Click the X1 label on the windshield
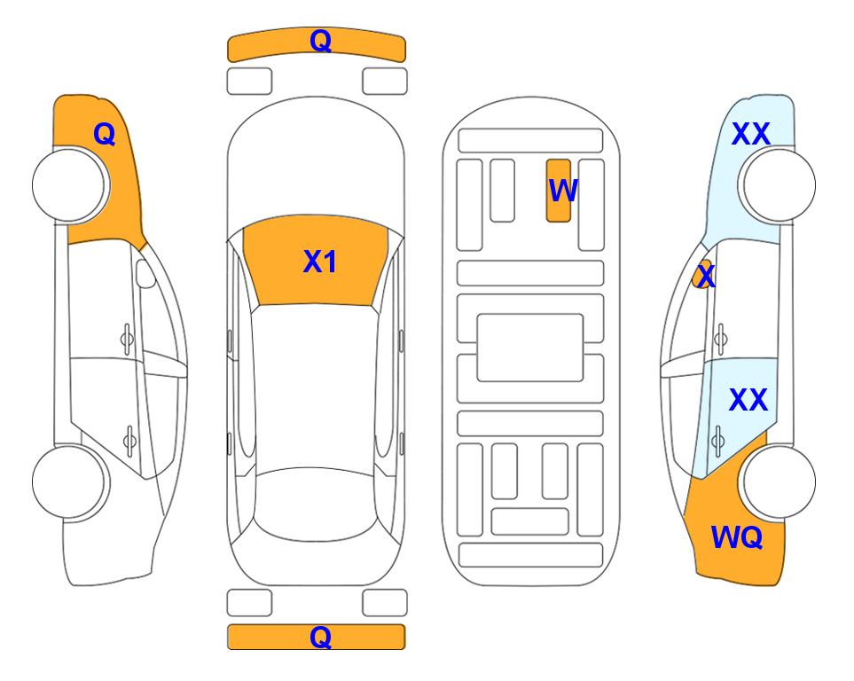[320, 262]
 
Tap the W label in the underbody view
[562, 190]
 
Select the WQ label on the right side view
[736, 537]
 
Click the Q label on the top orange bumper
[321, 40]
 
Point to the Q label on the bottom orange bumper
[321, 637]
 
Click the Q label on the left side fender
[105, 134]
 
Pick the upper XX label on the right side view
[750, 134]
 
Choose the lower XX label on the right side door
[748, 400]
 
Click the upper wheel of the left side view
[68, 185]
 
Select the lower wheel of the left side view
[68, 482]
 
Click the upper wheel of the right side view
[780, 185]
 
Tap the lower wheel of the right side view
[780, 482]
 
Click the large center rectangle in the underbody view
[530, 348]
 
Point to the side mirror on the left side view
[145, 273]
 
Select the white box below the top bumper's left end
[249, 82]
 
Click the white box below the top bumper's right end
[385, 82]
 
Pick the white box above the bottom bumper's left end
[249, 603]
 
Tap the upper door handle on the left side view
[127, 339]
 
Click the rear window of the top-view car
[316, 505]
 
